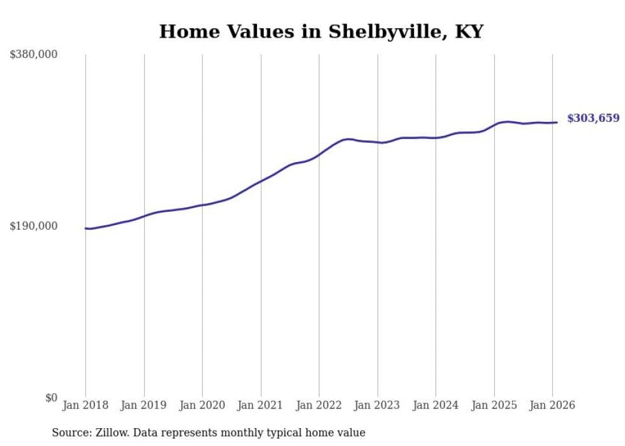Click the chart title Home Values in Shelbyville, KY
coord(321,31)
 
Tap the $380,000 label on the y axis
coord(34,54)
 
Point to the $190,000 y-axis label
coord(34,226)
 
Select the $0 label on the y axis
coord(51,398)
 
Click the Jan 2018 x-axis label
coord(85,405)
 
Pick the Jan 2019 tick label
coord(143,405)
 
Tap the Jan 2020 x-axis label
coord(202,405)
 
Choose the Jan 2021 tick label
coord(260,405)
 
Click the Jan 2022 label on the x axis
coord(319,405)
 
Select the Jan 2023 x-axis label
coord(377,405)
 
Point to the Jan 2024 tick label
coord(436,405)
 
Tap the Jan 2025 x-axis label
coord(494,405)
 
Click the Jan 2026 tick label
coord(552,405)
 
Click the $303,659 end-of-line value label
coord(593,118)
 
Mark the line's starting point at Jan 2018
coord(85,228)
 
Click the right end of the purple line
coord(557,123)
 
